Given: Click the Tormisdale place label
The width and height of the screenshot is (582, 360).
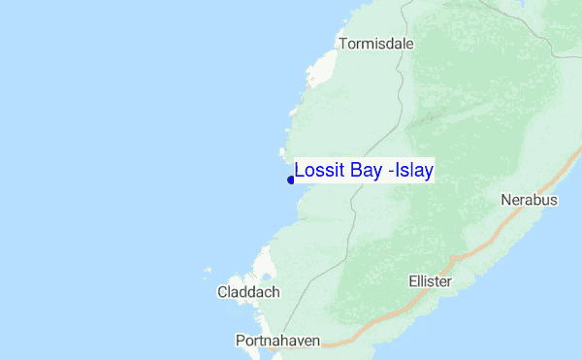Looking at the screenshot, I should tap(376, 43).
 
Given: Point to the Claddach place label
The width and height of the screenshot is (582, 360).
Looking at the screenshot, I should tap(248, 291).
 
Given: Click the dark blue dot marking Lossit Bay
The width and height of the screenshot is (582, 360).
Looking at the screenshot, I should tap(291, 180).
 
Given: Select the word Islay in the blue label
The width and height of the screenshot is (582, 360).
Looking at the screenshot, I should tap(412, 171).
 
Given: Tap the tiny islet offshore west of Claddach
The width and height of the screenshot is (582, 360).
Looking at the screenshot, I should tap(207, 271).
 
